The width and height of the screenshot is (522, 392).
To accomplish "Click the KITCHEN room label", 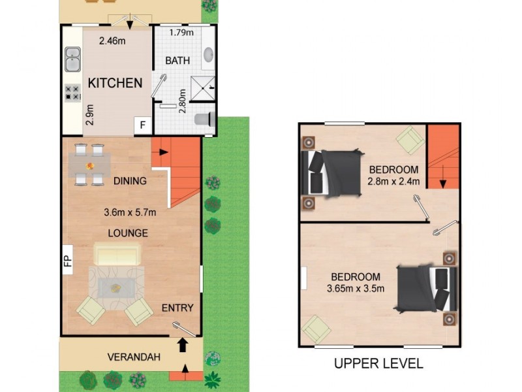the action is point(115,83).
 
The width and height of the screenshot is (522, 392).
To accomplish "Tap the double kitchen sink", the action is point(73,59).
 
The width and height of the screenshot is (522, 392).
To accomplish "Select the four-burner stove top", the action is point(72,93).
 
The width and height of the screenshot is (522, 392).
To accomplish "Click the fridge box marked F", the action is point(142,125).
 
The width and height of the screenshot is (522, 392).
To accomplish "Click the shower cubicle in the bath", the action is point(203,88).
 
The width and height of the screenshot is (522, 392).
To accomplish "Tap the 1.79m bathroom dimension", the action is point(181,33).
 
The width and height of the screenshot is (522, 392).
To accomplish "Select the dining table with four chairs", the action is point(89,165).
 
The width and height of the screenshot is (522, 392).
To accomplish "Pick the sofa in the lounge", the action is point(117,254).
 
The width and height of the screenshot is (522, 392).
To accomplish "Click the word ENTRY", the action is point(177,308).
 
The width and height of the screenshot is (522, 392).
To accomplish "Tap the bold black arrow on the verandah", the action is point(182,345).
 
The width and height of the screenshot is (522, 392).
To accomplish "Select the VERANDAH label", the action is point(134,357).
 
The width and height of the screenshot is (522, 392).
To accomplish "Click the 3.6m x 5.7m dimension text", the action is point(130,212).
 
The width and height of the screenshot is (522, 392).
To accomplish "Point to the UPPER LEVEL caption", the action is point(378,363).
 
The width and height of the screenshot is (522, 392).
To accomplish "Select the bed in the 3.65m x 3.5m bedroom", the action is point(427,289).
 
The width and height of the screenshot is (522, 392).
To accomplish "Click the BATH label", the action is point(177,61).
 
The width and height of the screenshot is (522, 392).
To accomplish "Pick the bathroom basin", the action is point(208,55).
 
